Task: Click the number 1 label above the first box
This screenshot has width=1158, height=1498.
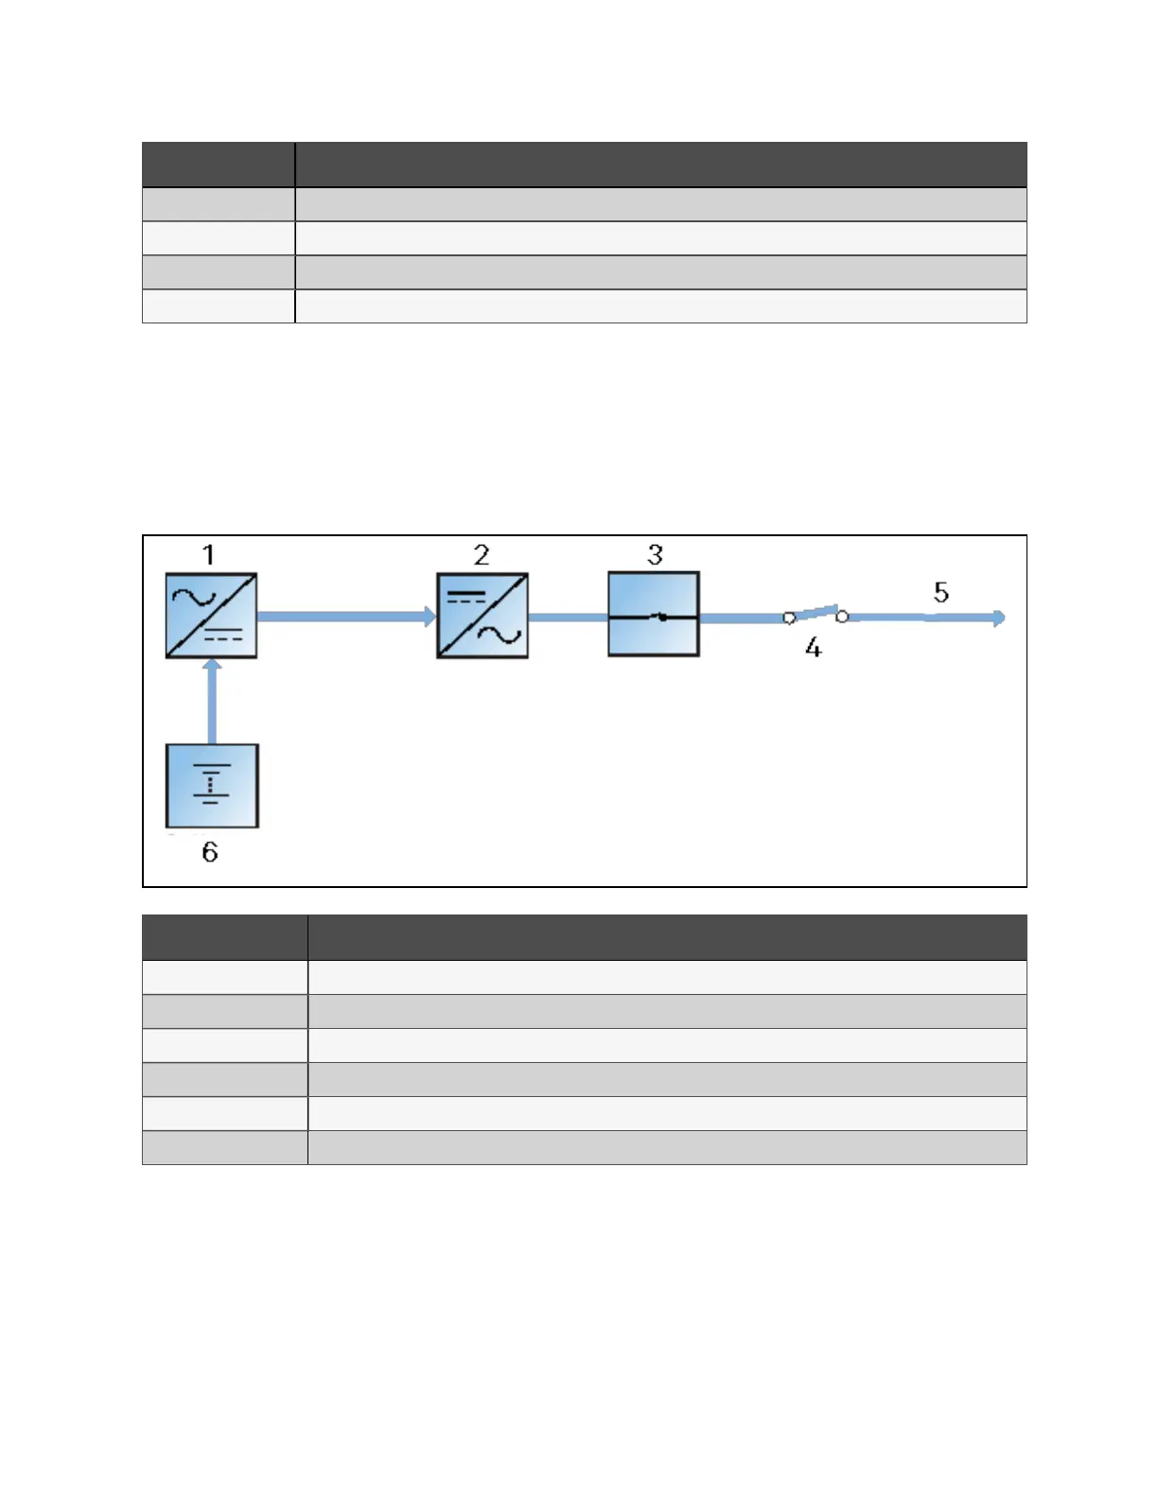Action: (209, 554)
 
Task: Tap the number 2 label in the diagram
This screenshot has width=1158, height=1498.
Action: (482, 554)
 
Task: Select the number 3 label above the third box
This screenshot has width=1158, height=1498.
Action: (655, 554)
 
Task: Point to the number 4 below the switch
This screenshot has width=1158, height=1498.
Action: (813, 648)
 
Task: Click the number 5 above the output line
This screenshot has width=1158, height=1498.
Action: (940, 592)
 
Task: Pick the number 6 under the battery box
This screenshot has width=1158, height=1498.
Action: (210, 852)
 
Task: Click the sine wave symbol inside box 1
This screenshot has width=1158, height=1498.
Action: (194, 597)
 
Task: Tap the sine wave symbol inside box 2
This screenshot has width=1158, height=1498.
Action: (500, 636)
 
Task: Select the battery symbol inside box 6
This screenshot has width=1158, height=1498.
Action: (211, 785)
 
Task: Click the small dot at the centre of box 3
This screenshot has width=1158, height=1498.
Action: (662, 618)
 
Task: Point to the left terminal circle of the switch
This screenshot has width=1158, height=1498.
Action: (789, 618)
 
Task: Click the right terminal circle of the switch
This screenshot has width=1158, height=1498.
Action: (842, 617)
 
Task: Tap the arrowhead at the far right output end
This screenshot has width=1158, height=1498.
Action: (999, 618)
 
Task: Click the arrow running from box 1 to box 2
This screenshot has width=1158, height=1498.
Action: (346, 617)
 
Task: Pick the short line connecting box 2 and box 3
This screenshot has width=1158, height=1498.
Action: (568, 618)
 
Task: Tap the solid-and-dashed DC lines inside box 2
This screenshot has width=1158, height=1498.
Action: (465, 597)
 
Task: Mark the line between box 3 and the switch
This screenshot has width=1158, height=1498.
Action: (742, 618)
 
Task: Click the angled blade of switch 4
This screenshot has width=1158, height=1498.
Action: (816, 612)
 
